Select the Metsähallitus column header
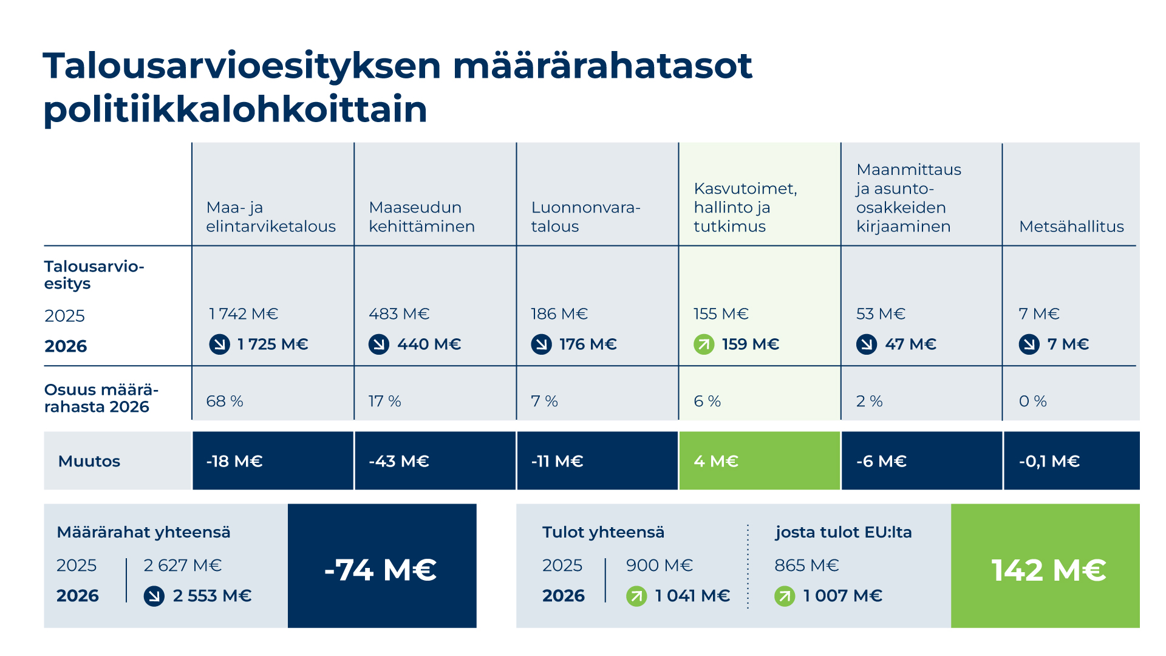coord(1071,227)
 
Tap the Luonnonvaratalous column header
coord(585,217)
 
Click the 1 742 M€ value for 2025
coord(244,314)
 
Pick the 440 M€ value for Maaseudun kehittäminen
coord(429,344)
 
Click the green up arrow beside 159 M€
coord(704,344)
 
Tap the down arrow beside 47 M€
coord(867,344)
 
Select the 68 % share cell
coord(225,401)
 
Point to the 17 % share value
coord(384,401)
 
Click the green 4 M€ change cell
coord(759,461)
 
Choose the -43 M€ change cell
coord(435,461)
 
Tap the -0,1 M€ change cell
coord(1071,461)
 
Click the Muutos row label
coord(89,462)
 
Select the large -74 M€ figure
coord(381,570)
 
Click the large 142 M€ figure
coord(1048,570)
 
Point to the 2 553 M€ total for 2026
coord(212,596)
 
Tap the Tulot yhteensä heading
coord(603,533)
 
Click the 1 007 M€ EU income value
coord(842,596)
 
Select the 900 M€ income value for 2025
coord(659,565)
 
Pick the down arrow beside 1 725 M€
coord(220,344)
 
